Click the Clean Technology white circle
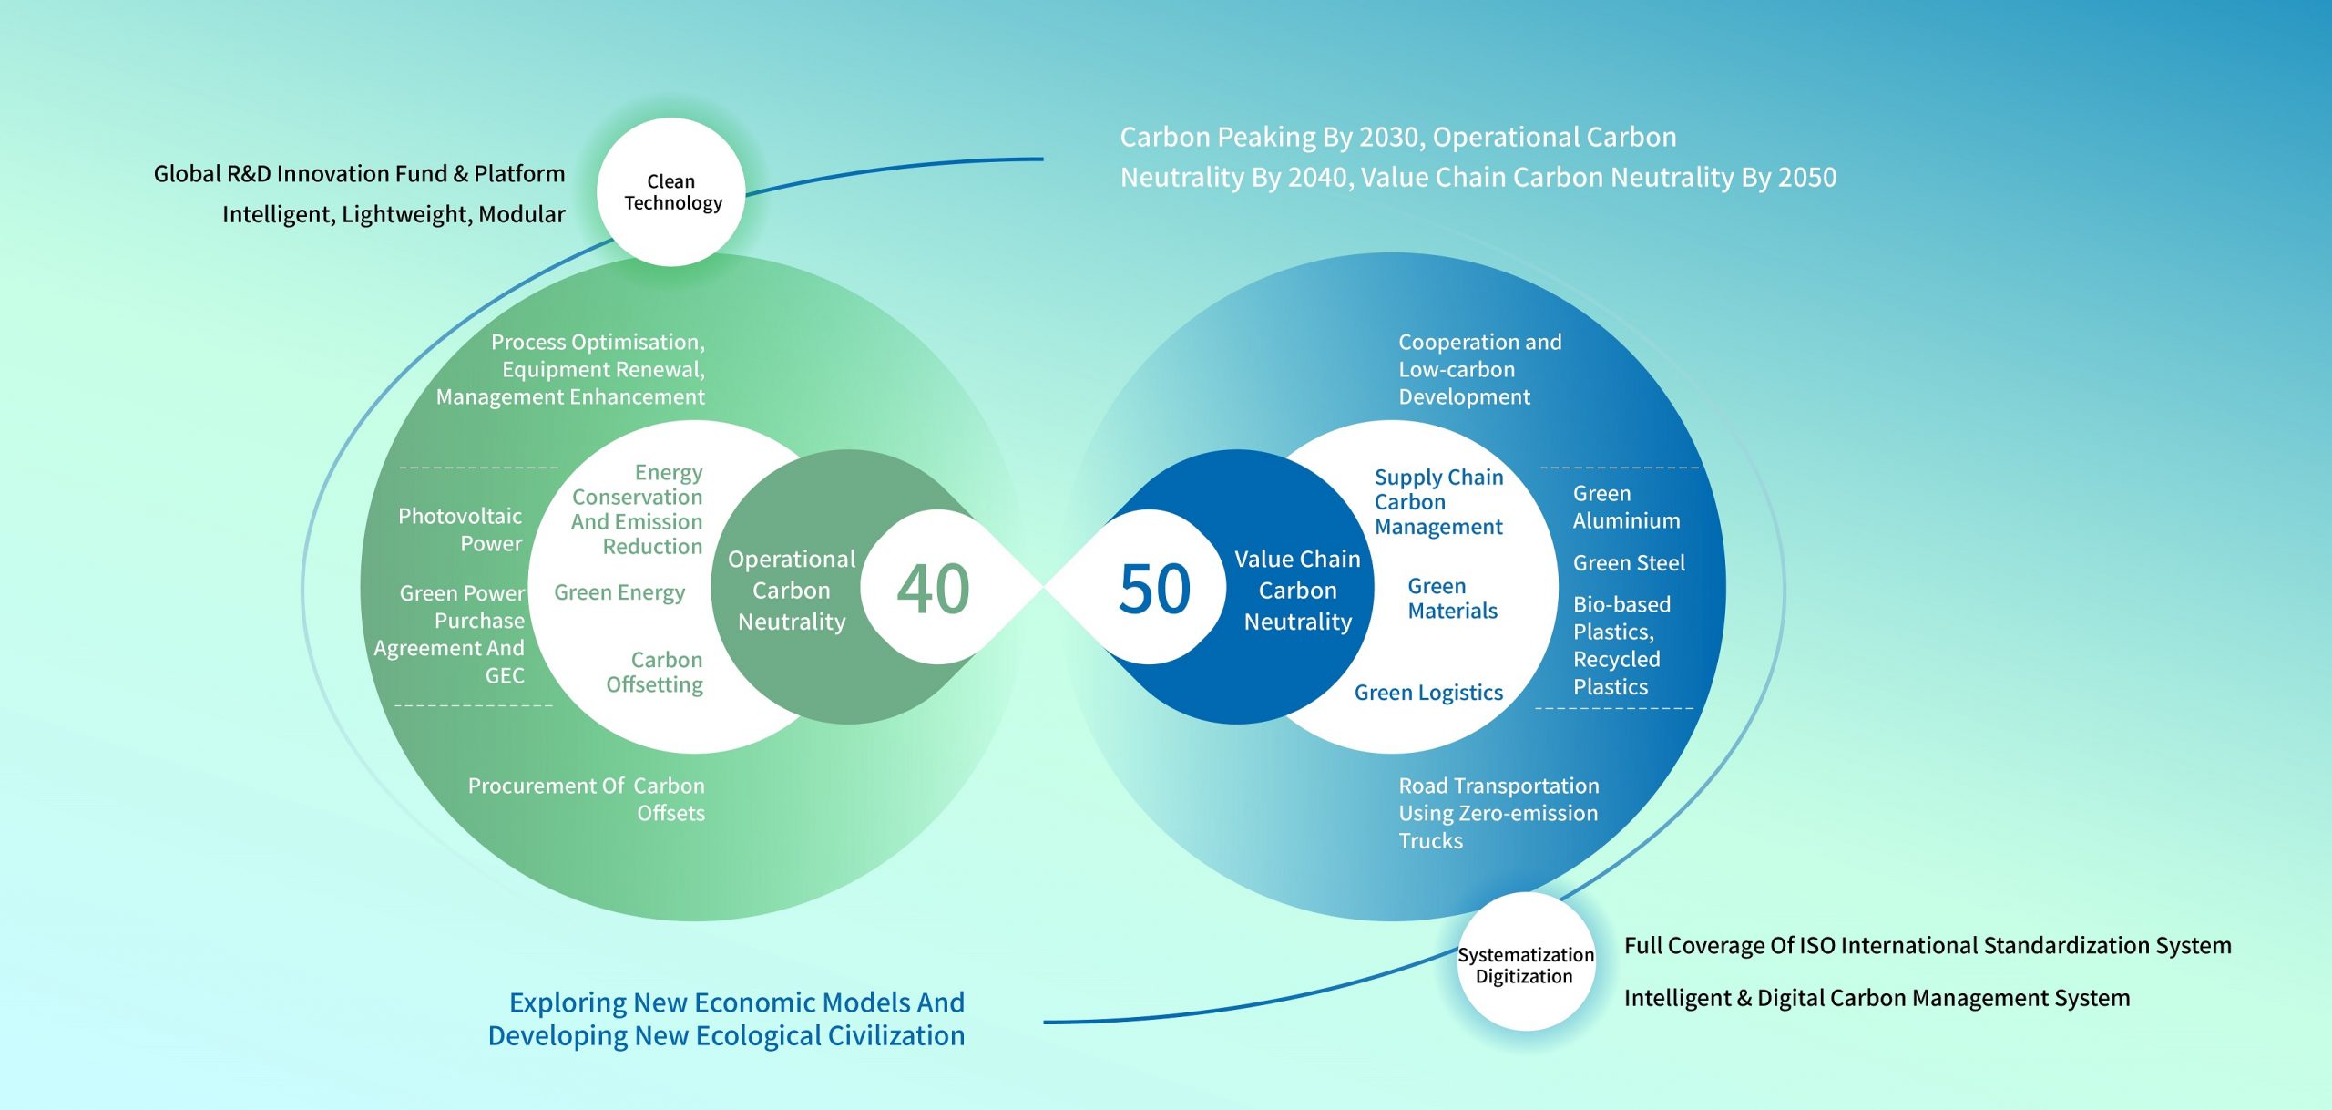coord(671,192)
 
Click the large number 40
coord(933,589)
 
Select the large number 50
coord(1154,589)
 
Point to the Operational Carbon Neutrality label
coord(792,591)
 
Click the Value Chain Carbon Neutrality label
coord(1297,591)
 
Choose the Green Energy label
coord(619,592)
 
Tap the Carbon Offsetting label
coord(655,672)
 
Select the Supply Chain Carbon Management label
coord(1438,502)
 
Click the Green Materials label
coord(1452,599)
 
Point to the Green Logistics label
coord(1428,693)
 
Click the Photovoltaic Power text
coord(461,529)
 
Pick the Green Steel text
coord(1629,563)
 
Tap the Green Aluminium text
coord(1626,507)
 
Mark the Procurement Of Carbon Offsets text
coord(587,799)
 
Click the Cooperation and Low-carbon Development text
coord(1479,369)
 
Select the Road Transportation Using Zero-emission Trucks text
coord(1498,813)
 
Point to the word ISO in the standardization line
coord(1817,946)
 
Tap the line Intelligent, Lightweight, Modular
coord(394,214)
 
